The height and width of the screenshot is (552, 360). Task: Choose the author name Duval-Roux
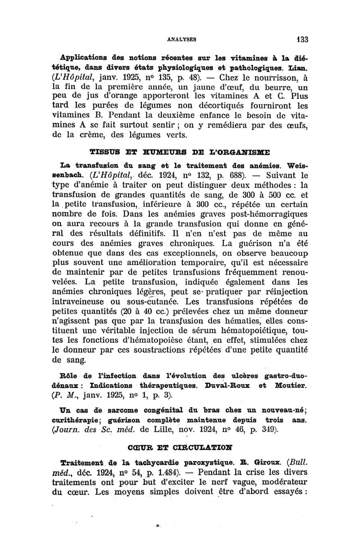229,386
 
